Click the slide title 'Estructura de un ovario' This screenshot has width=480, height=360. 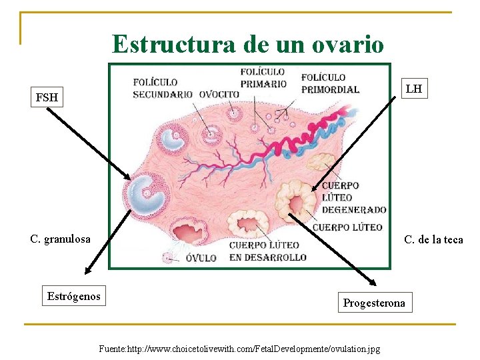click(x=248, y=44)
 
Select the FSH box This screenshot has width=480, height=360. click(x=47, y=98)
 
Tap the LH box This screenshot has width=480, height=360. click(x=413, y=89)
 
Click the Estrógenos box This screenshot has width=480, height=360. click(x=74, y=296)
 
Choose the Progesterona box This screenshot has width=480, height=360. click(x=373, y=303)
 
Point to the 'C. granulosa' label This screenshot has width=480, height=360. click(x=60, y=239)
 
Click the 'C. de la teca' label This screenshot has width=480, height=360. click(x=433, y=239)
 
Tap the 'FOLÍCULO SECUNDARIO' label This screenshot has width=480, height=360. click(x=163, y=88)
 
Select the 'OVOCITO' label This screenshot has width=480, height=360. click(x=219, y=94)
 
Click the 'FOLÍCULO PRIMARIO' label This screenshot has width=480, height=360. click(x=263, y=77)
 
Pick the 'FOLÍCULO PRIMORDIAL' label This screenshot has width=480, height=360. click(x=329, y=83)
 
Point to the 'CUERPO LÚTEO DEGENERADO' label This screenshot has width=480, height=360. click(x=353, y=197)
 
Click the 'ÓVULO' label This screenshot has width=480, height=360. click(x=201, y=257)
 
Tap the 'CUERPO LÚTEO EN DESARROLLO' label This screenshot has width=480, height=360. click(x=267, y=251)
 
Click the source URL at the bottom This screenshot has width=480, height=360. click(x=239, y=349)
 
